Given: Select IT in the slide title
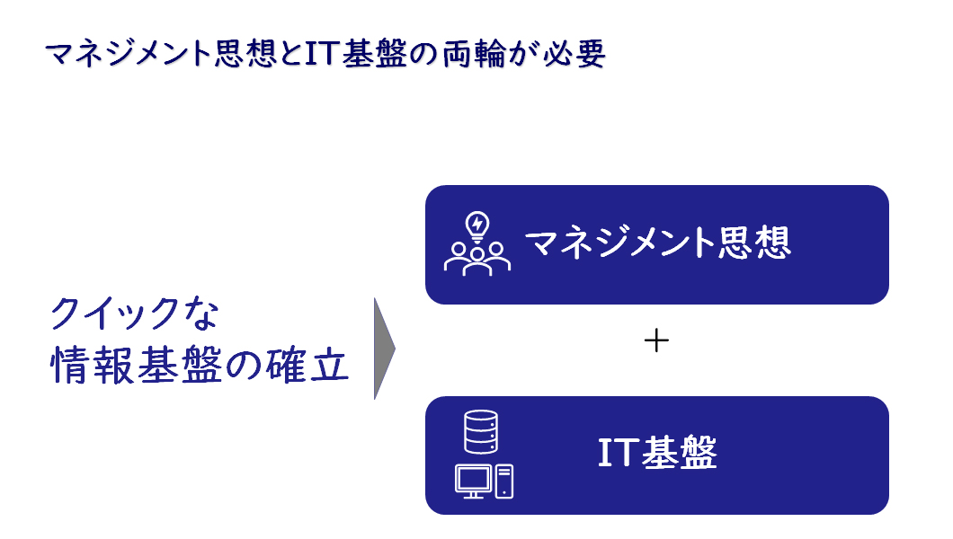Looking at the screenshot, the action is coord(321,53).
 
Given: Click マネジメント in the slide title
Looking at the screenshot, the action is coord(129,53).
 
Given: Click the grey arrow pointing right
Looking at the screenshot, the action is coord(384,349).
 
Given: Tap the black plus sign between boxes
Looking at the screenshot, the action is coord(656,340).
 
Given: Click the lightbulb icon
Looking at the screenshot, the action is coord(477,227).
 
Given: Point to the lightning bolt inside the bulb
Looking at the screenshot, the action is coord(477,224).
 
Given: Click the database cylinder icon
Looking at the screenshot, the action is coord(481,431).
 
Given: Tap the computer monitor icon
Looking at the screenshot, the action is coord(474,482).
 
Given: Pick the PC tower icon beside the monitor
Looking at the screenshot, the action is coord(503,482).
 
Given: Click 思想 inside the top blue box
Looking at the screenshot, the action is coord(754,243).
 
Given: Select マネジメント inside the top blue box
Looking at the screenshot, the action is coord(620,243).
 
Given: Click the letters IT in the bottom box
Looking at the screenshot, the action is coord(619,452).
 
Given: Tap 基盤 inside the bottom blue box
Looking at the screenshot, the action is coord(680,453).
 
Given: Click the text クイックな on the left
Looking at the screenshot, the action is coord(134,314).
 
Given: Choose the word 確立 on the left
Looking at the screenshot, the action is coord(307,366).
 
